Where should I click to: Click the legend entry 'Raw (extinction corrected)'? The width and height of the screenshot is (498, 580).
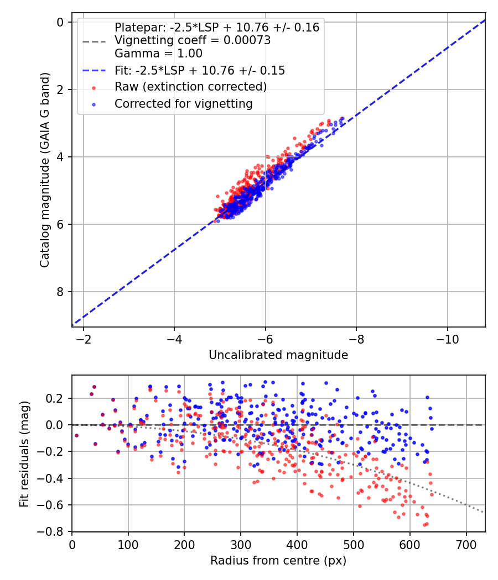click(x=190, y=87)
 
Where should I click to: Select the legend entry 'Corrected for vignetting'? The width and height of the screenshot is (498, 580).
click(x=183, y=103)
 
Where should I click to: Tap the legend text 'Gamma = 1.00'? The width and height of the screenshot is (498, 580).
click(x=158, y=54)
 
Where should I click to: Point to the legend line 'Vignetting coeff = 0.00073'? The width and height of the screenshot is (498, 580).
click(x=192, y=40)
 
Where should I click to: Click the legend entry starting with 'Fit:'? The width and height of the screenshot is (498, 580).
click(x=199, y=70)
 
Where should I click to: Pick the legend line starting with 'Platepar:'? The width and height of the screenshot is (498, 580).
click(x=216, y=28)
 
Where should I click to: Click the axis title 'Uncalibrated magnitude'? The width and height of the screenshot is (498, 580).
click(x=278, y=355)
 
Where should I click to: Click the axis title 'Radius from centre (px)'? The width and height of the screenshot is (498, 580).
click(x=278, y=561)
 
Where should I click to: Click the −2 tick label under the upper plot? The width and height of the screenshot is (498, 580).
click(x=84, y=339)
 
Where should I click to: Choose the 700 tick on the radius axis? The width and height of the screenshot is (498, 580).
click(x=466, y=544)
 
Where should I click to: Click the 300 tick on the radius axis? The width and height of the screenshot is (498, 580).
click(x=241, y=544)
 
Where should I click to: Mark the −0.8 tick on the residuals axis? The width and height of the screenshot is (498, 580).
click(x=54, y=531)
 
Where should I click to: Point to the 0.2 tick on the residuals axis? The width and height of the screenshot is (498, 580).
click(x=56, y=398)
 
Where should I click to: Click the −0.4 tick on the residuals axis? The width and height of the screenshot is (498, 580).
click(x=54, y=478)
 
